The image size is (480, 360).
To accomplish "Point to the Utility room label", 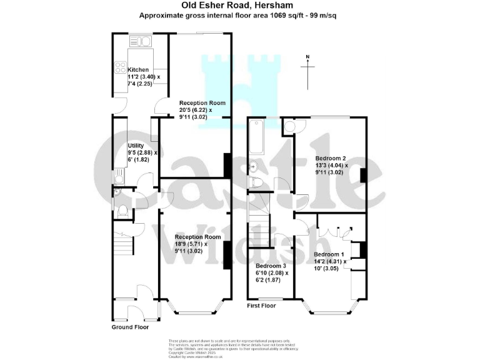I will (136, 145).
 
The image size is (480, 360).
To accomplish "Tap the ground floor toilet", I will (122, 209).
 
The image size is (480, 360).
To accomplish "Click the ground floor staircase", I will (123, 241).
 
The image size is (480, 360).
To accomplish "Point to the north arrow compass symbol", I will (307, 67).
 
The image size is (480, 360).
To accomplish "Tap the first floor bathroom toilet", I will (256, 182).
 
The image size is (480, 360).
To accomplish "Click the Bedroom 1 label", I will (329, 255).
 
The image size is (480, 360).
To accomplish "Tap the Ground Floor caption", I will (130, 327).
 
